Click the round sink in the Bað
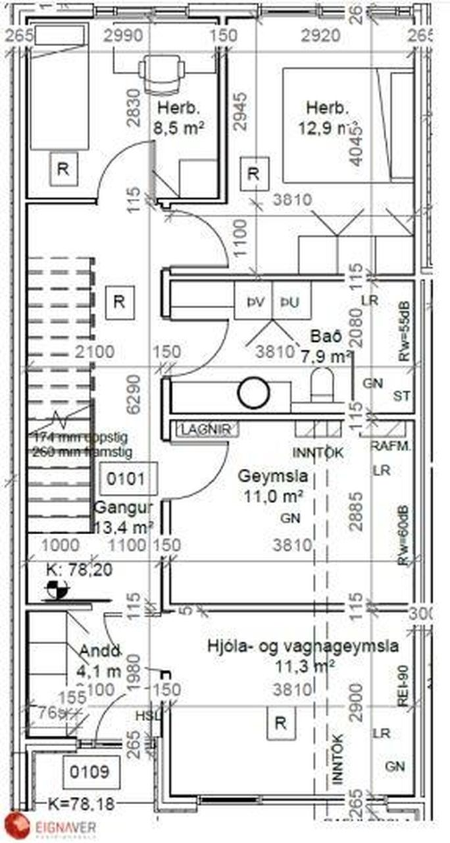254,393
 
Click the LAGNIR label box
205,429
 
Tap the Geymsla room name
264,476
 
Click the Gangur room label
122,508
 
